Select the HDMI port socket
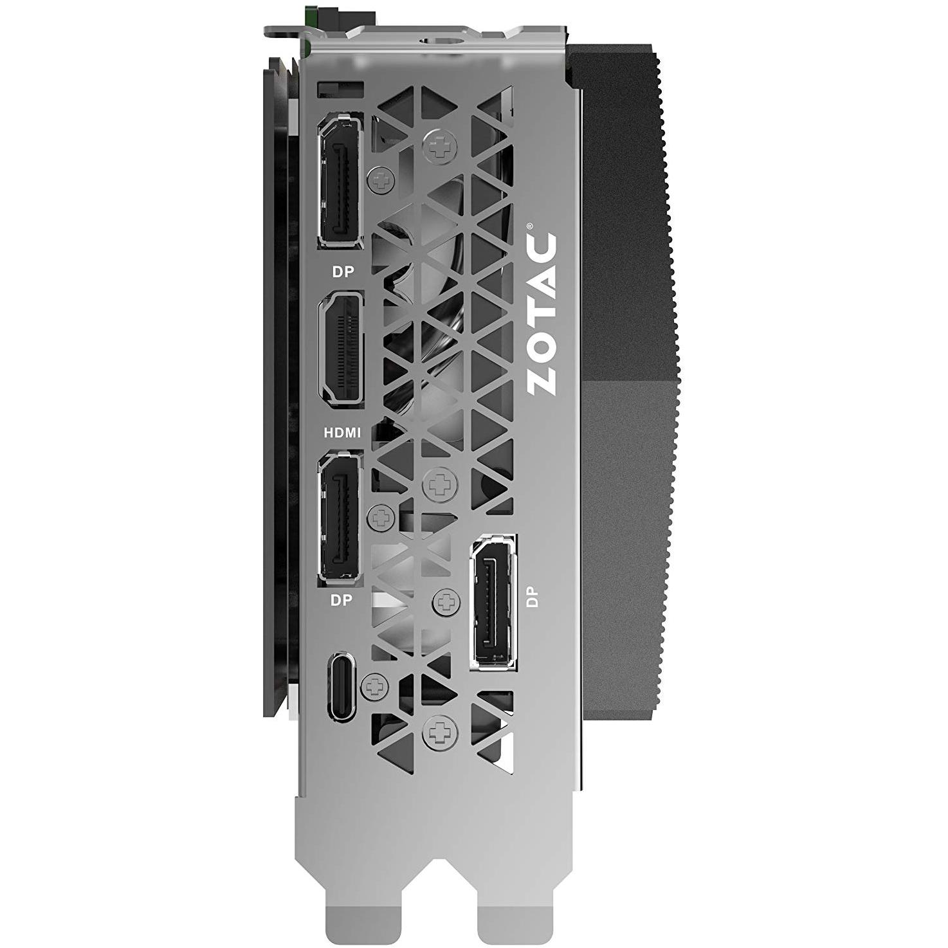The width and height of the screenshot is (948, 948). pos(341,349)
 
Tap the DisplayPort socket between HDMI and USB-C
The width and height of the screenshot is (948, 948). pos(341,516)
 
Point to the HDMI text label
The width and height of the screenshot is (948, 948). pos(342,432)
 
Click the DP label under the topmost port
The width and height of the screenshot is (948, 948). pos(343,271)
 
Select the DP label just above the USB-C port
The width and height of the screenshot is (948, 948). pos(342,600)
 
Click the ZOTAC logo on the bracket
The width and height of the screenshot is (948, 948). pos(541,314)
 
